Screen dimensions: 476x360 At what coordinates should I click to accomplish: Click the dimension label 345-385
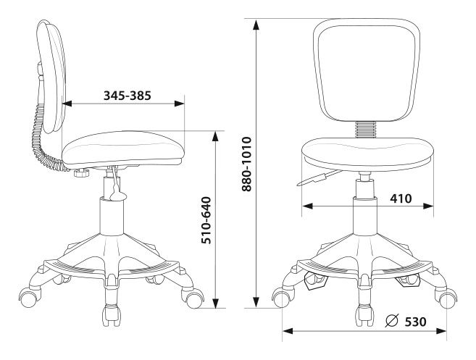coord(128,96)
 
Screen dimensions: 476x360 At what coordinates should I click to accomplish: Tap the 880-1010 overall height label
coord(246,164)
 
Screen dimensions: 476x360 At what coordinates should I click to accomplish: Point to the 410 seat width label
coord(401,198)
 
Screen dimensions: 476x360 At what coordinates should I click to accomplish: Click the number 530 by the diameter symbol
coord(415,322)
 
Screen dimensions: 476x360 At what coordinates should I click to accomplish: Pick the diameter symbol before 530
coord(392,321)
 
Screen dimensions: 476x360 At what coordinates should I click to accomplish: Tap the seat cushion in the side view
coord(122,148)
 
